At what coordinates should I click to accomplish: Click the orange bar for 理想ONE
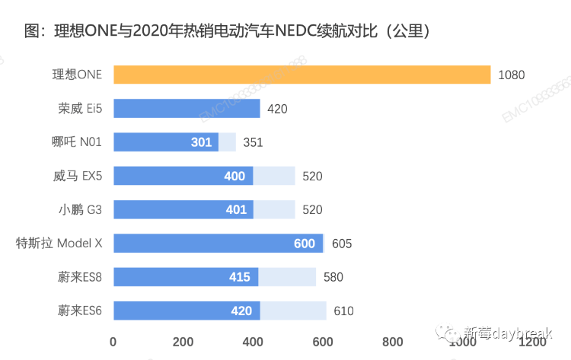coord(301,75)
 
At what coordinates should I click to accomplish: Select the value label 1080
coord(512,75)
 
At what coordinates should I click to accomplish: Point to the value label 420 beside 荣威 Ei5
coord(277,109)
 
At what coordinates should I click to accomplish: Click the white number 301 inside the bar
coord(201,142)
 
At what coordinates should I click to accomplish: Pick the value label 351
coord(253,142)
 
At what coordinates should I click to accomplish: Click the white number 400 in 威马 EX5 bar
coord(234,177)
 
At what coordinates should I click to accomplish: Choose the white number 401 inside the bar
coord(235,210)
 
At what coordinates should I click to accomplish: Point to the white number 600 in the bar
coord(305,244)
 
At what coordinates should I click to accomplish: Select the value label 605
coord(342,244)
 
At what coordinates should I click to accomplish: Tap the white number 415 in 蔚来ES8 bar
coord(240,277)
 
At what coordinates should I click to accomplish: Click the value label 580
coord(333,277)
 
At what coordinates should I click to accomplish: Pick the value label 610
coord(343,311)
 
